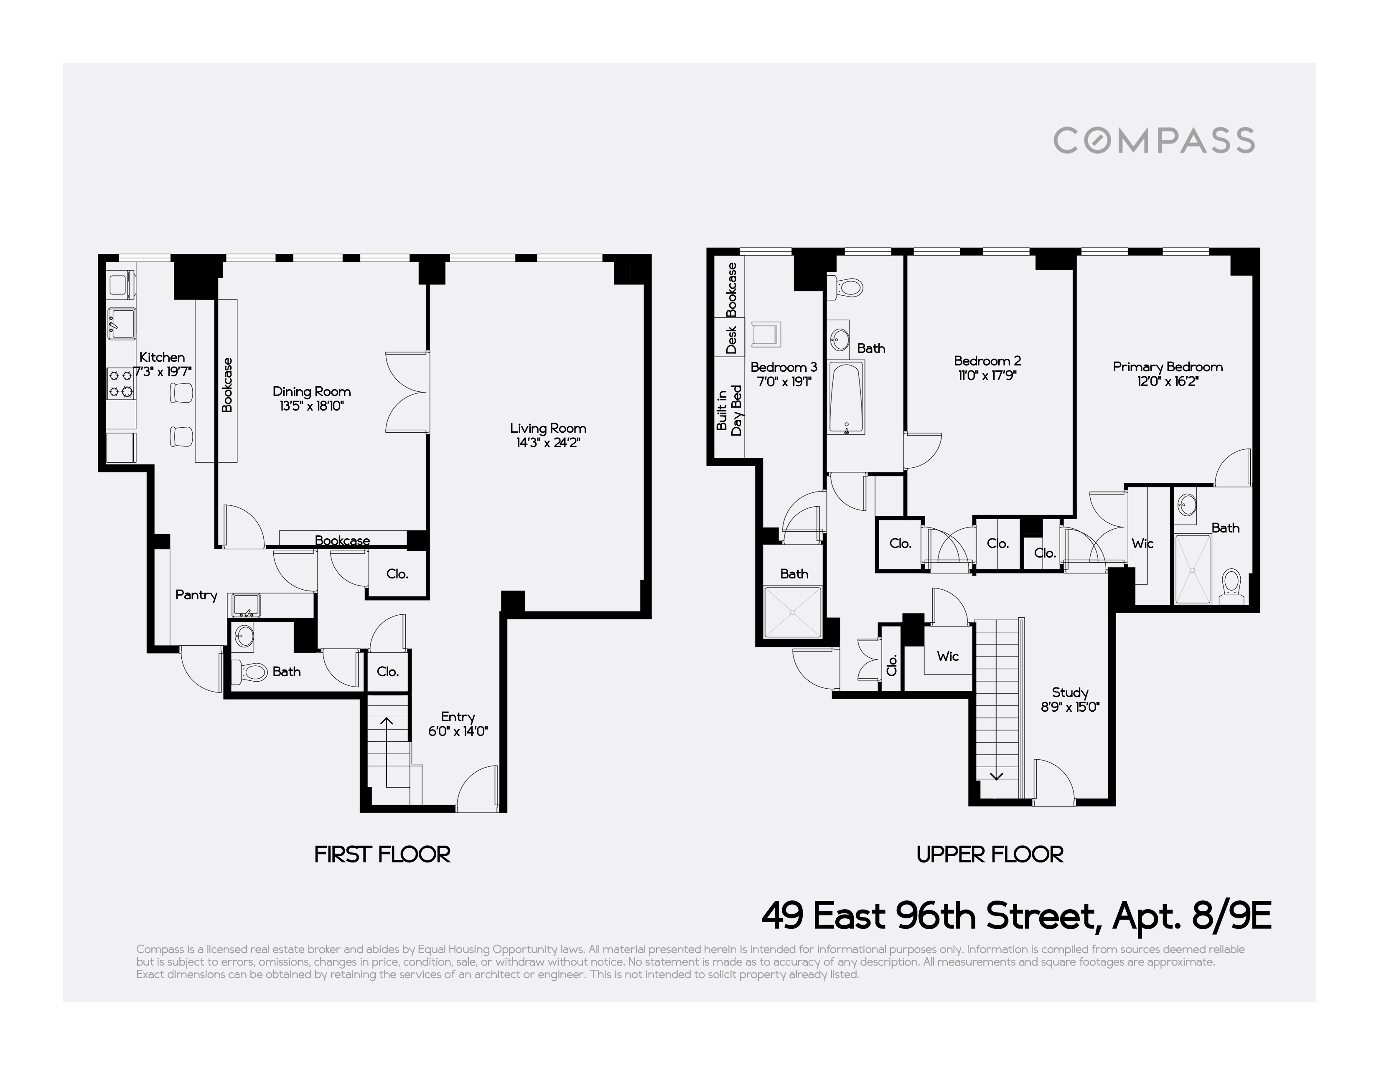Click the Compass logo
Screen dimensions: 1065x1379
[x=1154, y=140]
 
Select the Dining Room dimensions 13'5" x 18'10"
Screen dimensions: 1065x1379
[x=311, y=406]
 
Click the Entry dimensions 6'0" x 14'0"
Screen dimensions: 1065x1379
[x=458, y=732]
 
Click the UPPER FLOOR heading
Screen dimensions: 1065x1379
[x=990, y=854]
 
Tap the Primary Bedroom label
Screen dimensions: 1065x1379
[x=1168, y=367]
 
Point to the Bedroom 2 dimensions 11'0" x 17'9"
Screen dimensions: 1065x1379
[x=987, y=376]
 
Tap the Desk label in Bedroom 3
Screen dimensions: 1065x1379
[x=731, y=340]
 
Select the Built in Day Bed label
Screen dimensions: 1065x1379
[x=729, y=411]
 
